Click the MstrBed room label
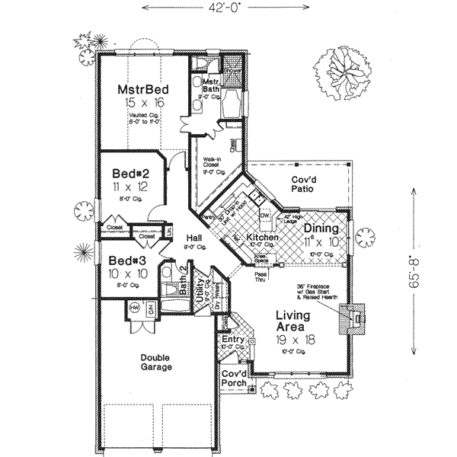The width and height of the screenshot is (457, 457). (x=142, y=89)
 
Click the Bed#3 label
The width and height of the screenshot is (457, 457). (x=125, y=259)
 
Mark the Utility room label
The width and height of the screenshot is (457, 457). (x=200, y=290)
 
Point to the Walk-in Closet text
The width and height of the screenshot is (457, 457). (x=212, y=164)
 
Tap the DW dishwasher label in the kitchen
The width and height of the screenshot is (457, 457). (x=266, y=216)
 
